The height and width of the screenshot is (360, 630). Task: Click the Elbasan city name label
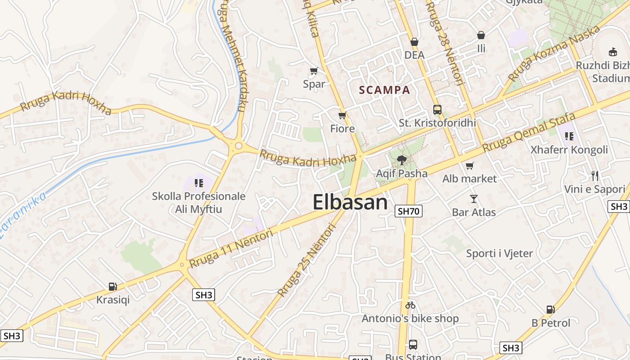(x=350, y=202)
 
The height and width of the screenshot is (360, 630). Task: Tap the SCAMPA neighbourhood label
(x=385, y=90)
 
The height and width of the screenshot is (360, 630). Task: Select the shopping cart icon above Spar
(x=314, y=71)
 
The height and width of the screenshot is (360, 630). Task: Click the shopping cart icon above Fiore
(x=342, y=116)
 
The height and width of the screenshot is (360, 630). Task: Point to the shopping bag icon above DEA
(x=414, y=42)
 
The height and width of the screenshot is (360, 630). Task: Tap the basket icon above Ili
(x=481, y=35)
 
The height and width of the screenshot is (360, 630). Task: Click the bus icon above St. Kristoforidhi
(x=437, y=109)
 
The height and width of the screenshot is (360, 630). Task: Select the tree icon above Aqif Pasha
(x=401, y=160)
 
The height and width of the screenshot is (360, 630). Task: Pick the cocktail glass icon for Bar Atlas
(x=473, y=198)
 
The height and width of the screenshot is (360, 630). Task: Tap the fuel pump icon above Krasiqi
(x=112, y=286)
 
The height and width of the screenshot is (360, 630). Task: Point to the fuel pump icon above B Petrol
(x=550, y=310)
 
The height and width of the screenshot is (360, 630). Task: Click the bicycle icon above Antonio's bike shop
(x=410, y=305)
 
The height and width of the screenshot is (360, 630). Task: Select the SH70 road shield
(x=409, y=211)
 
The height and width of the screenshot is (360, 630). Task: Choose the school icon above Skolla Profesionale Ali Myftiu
(x=198, y=183)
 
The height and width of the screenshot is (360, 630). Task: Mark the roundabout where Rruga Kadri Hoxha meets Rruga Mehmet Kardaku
(x=238, y=145)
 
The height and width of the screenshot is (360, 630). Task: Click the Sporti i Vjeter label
(x=499, y=253)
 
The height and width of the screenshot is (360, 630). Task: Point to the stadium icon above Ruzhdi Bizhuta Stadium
(x=612, y=52)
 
